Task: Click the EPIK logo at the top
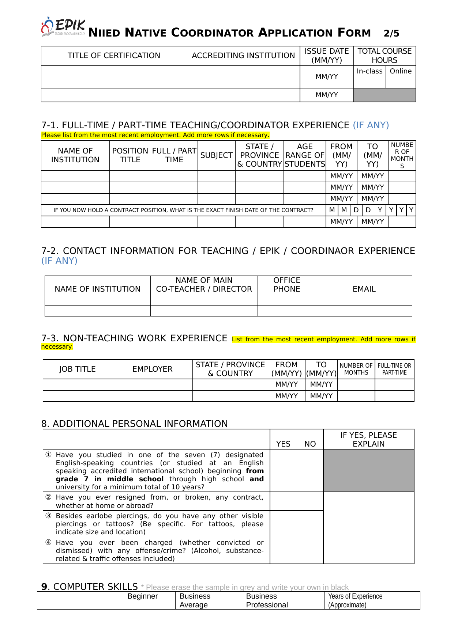click(x=63, y=27)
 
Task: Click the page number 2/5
click(x=391, y=34)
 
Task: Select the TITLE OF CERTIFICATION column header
click(x=114, y=56)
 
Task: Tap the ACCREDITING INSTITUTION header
click(x=243, y=56)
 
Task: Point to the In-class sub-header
click(x=369, y=71)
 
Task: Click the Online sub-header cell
click(x=401, y=71)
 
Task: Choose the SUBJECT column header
click(x=216, y=155)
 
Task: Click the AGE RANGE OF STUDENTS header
click(x=305, y=155)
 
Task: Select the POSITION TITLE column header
click(x=130, y=155)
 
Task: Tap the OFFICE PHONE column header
click(x=287, y=285)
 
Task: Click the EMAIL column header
click(x=364, y=289)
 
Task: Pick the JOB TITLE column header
click(x=77, y=369)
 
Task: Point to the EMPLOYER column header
click(x=152, y=369)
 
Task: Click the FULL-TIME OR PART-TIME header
click(x=394, y=369)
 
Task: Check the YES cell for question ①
click(x=283, y=471)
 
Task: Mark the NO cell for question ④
click(x=310, y=550)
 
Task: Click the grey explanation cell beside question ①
click(x=369, y=471)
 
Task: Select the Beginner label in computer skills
click(x=143, y=596)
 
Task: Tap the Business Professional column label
click(x=267, y=600)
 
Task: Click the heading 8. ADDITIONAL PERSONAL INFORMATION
click(x=135, y=424)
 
